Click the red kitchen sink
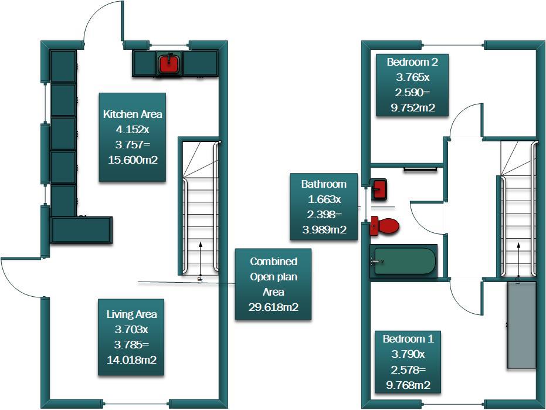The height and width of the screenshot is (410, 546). (169, 63)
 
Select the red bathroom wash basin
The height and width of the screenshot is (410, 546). (379, 189)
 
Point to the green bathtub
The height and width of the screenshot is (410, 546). (405, 262)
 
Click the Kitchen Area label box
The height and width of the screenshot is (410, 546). (132, 137)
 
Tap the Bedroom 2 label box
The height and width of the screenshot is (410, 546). (412, 84)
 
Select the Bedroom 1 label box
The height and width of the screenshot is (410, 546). (408, 361)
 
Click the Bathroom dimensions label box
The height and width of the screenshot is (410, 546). (324, 206)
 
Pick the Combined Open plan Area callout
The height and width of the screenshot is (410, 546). (273, 284)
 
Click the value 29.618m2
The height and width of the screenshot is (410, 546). (273, 307)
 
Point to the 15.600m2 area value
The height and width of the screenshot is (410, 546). (133, 159)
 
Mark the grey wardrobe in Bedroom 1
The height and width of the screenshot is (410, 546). (521, 324)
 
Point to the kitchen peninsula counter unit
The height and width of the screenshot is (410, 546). (82, 229)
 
